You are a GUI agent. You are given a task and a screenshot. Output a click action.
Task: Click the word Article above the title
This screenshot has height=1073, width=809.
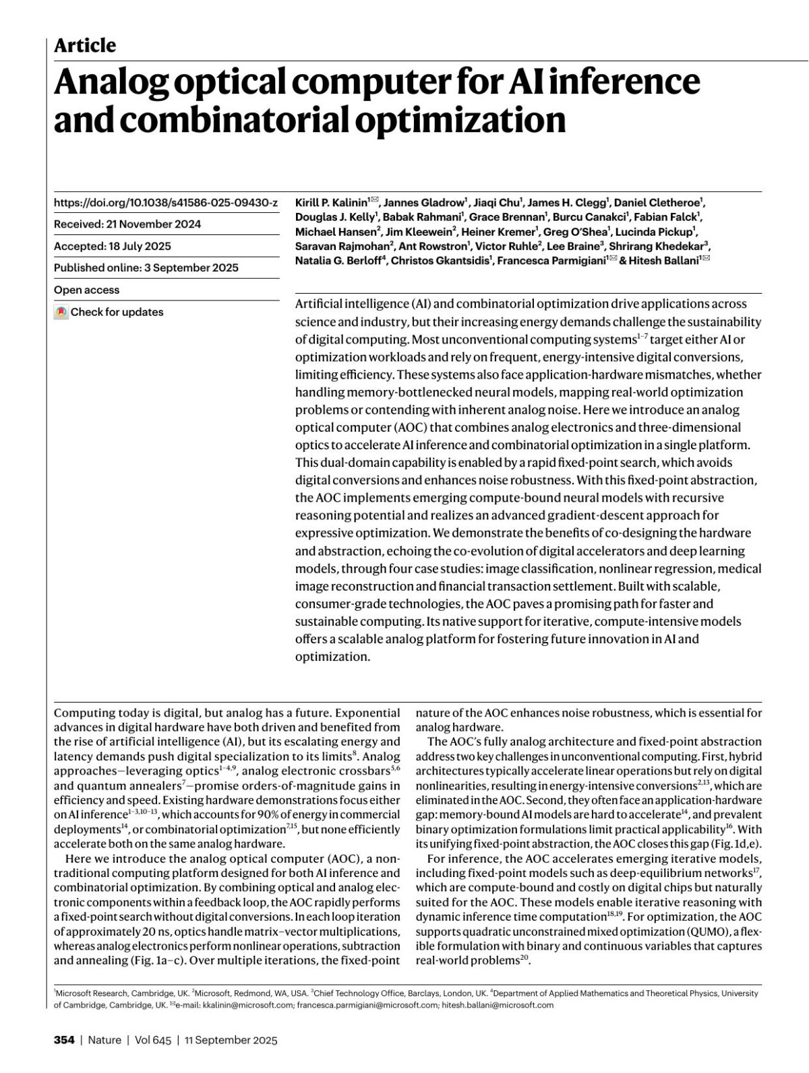coord(84,45)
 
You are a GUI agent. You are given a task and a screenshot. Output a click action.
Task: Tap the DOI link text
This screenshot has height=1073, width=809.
coord(165,202)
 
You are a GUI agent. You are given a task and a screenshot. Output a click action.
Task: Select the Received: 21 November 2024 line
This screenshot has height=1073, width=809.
coord(127,224)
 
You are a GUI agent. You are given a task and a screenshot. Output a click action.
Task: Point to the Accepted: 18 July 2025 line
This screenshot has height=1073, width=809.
coord(113,246)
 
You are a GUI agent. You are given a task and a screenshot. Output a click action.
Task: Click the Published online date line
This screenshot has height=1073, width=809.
coord(146,267)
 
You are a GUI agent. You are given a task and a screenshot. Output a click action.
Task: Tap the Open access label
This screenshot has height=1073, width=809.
coord(86,290)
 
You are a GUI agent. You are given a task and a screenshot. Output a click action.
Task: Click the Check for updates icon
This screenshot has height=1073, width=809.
coord(61,313)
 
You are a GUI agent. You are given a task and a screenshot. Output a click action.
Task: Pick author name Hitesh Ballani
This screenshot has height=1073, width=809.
coord(664,261)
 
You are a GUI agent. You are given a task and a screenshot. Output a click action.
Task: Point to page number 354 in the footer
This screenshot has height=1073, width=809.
coord(64,1040)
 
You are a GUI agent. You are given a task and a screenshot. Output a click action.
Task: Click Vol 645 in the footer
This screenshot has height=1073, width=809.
coord(153,1040)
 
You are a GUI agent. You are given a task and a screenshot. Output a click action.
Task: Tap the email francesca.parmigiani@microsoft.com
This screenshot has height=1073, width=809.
coord(367,1005)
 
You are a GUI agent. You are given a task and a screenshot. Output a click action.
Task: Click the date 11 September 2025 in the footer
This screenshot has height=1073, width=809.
coord(231,1040)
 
